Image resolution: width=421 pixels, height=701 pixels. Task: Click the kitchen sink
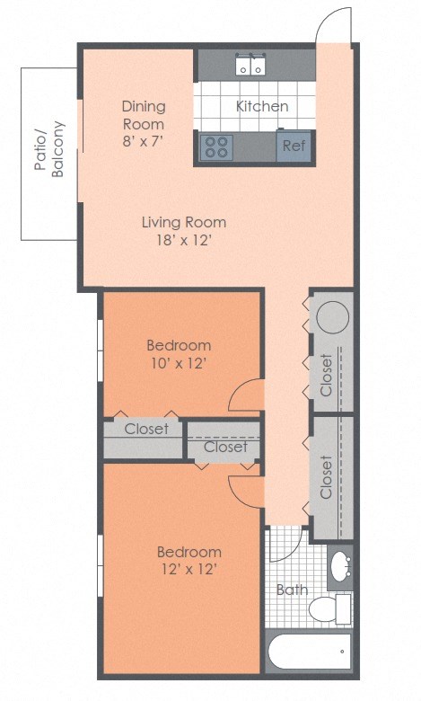[x=250, y=66]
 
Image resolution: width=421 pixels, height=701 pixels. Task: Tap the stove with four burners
[x=215, y=146]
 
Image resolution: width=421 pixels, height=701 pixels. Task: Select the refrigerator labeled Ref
[x=293, y=146]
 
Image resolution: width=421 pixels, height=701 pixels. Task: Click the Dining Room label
[x=144, y=115]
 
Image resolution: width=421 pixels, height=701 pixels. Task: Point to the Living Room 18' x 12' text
[x=184, y=231]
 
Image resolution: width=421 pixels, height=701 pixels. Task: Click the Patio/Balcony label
[x=50, y=149]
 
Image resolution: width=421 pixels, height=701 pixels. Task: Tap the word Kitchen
[x=262, y=106]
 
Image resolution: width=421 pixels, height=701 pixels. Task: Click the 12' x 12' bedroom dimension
[x=189, y=569]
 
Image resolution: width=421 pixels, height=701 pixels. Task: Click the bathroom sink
[x=341, y=566]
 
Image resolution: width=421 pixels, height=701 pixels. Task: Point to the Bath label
[x=292, y=590]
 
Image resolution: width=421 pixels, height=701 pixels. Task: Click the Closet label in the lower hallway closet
[x=326, y=476]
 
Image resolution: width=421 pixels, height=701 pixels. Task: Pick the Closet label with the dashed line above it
[x=224, y=447]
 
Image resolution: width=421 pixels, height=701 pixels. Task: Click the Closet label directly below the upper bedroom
[x=146, y=429]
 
